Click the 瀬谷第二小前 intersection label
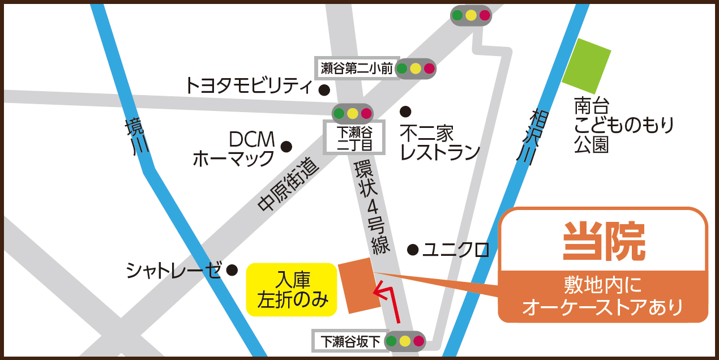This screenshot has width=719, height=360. [x=357, y=68]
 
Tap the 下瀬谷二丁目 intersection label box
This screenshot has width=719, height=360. [x=354, y=138]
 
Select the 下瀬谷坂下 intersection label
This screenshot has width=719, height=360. [x=348, y=341]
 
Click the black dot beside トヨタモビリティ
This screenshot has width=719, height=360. [x=324, y=89]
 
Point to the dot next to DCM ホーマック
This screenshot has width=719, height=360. [x=286, y=147]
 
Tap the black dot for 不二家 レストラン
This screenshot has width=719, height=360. [x=405, y=111]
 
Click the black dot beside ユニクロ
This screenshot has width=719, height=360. [x=413, y=249]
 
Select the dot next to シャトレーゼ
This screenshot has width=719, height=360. [x=232, y=270]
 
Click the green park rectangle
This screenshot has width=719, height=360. [x=587, y=66]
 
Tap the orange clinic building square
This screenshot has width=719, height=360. [x=359, y=285]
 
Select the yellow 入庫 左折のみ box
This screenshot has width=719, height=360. [x=292, y=289]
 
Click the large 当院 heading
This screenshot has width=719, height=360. [x=604, y=241]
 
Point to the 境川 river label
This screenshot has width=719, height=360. [x=137, y=135]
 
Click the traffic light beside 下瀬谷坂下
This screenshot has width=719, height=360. [x=405, y=341]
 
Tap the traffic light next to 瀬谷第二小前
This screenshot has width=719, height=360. [x=416, y=68]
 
